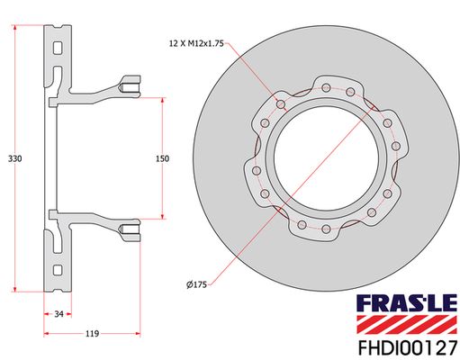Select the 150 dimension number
(162, 158)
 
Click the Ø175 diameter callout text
(197, 284)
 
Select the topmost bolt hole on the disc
(327, 86)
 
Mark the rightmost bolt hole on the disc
(397, 145)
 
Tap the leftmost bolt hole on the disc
(257, 169)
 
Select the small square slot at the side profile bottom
(58, 270)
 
